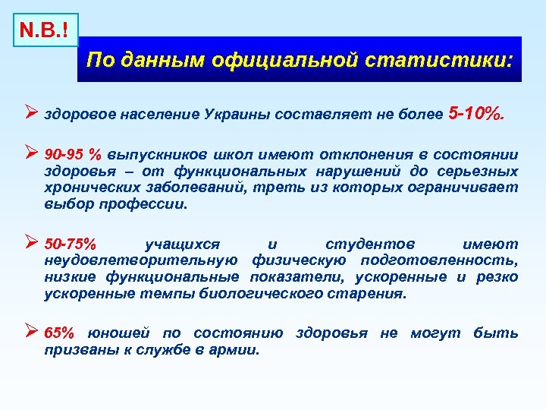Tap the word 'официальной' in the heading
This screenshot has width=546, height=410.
click(312, 59)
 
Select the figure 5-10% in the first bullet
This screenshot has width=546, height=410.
click(475, 114)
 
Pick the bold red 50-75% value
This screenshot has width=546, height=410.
click(71, 244)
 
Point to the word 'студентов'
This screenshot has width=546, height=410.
click(370, 244)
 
